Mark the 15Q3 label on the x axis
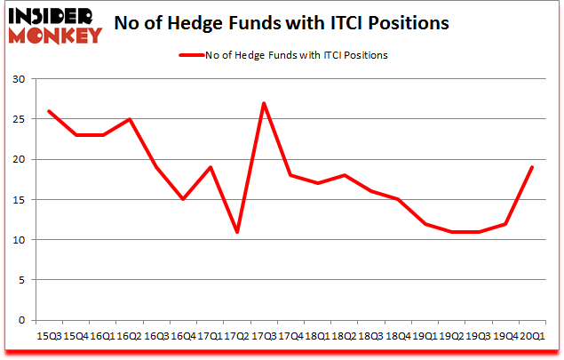(x=50, y=335)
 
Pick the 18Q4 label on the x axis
(x=397, y=335)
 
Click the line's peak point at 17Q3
(x=264, y=103)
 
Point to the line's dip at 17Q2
(x=237, y=232)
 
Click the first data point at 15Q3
(x=48, y=111)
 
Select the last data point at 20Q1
(x=532, y=167)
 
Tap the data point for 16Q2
(x=129, y=119)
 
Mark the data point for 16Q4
(x=183, y=199)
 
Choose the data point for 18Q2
(x=344, y=175)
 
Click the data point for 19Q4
(x=505, y=223)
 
